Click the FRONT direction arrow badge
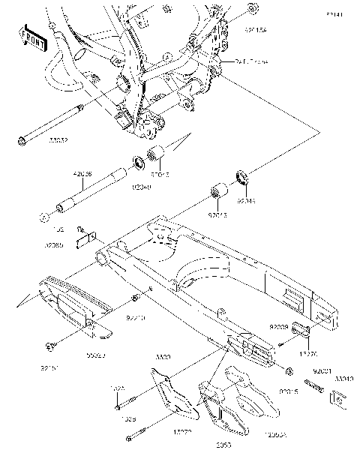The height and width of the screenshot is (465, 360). pyautogui.click(x=32, y=38)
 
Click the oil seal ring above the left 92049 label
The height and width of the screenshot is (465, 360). pyautogui.click(x=139, y=161)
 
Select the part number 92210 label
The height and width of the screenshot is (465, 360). pyautogui.click(x=135, y=318)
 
